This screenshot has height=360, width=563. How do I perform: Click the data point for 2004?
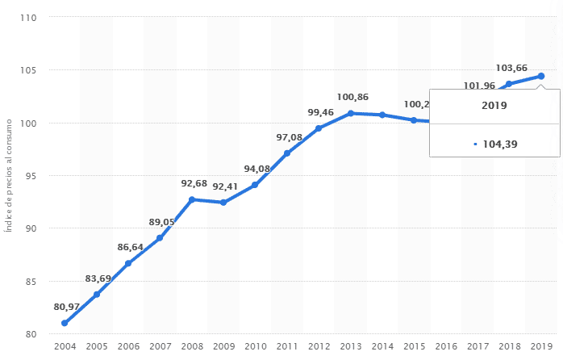point(65,323)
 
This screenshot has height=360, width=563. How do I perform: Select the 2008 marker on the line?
point(192,199)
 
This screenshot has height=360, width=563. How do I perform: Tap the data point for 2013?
point(350,113)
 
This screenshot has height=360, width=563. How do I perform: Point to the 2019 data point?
point(541,76)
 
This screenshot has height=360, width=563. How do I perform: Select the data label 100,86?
point(352,97)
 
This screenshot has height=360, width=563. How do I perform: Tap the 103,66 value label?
point(511,69)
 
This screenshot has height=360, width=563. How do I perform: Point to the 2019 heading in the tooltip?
point(494,106)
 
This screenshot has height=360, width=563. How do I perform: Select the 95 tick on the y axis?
point(32,175)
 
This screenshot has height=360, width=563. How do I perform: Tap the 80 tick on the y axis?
point(32,334)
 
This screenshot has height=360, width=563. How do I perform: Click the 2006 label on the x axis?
point(128,346)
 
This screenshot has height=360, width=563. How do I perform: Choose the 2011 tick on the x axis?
point(287,346)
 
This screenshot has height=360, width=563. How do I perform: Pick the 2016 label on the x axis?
point(446,346)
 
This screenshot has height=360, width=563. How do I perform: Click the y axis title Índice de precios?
point(9,175)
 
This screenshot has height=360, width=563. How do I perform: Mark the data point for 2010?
point(255,185)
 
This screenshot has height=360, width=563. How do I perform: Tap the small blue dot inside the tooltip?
point(476,144)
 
